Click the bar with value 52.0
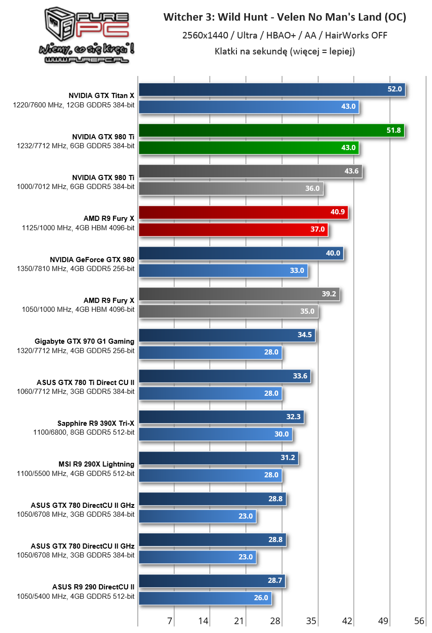tap(272, 90)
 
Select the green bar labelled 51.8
tap(271, 130)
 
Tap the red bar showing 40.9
tap(243, 212)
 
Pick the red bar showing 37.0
tap(233, 230)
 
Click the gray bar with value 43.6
tap(250, 172)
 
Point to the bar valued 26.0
tap(205, 598)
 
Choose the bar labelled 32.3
tap(221, 417)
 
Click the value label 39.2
tap(329, 294)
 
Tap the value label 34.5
tap(304, 335)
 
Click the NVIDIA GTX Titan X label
tap(101, 96)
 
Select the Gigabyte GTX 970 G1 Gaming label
tap(84, 341)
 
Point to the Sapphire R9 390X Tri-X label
tap(96, 423)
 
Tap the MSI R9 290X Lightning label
tap(96, 464)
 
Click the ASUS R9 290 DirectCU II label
tap(93, 587)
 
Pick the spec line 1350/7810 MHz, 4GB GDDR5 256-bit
tap(76, 269)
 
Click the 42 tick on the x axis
tap(347, 621)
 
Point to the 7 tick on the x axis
tap(170, 621)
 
